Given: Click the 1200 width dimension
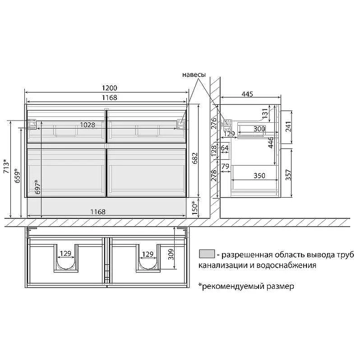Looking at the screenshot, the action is click(x=109, y=88).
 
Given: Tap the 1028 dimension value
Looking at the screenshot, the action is click(x=88, y=125).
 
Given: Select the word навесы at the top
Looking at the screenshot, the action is click(x=194, y=74).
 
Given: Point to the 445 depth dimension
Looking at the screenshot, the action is click(x=247, y=94).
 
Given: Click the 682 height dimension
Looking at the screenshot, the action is click(x=195, y=158).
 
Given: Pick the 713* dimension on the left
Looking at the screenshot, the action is click(x=6, y=166).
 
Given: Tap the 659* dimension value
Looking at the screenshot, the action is click(x=17, y=176).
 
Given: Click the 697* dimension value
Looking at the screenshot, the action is click(x=37, y=187).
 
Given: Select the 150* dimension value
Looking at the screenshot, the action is click(x=195, y=208).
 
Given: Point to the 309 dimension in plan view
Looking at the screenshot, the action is click(x=171, y=255).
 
